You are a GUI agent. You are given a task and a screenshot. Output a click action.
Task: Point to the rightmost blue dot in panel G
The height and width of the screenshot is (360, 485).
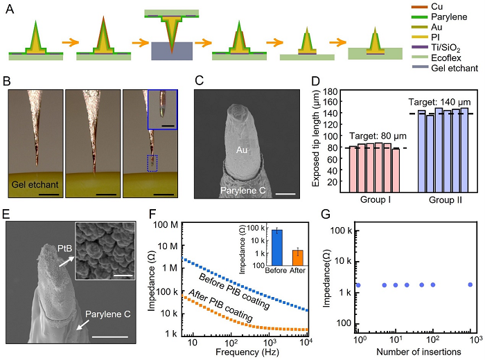point(470,285)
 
